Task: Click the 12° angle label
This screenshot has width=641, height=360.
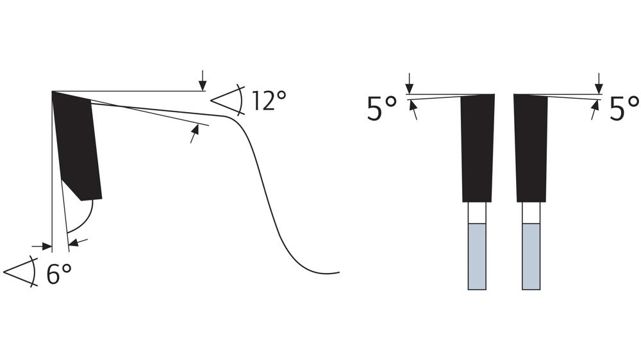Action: coord(269,101)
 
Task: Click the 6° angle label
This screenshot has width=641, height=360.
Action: coord(59,274)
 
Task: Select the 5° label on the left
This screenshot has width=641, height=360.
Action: coord(383,110)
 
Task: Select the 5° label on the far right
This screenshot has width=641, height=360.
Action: coord(624,110)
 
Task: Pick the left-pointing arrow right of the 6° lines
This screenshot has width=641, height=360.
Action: coord(77,242)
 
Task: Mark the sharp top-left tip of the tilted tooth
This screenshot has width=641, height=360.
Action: coord(53,93)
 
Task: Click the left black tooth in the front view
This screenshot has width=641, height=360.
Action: coord(477,147)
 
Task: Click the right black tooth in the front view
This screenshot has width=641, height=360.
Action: coord(531,147)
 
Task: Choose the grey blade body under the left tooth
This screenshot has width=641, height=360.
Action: coord(477,256)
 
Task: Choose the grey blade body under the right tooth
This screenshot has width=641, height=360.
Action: coord(531,256)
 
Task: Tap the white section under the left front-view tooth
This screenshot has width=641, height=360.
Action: coord(477,213)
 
